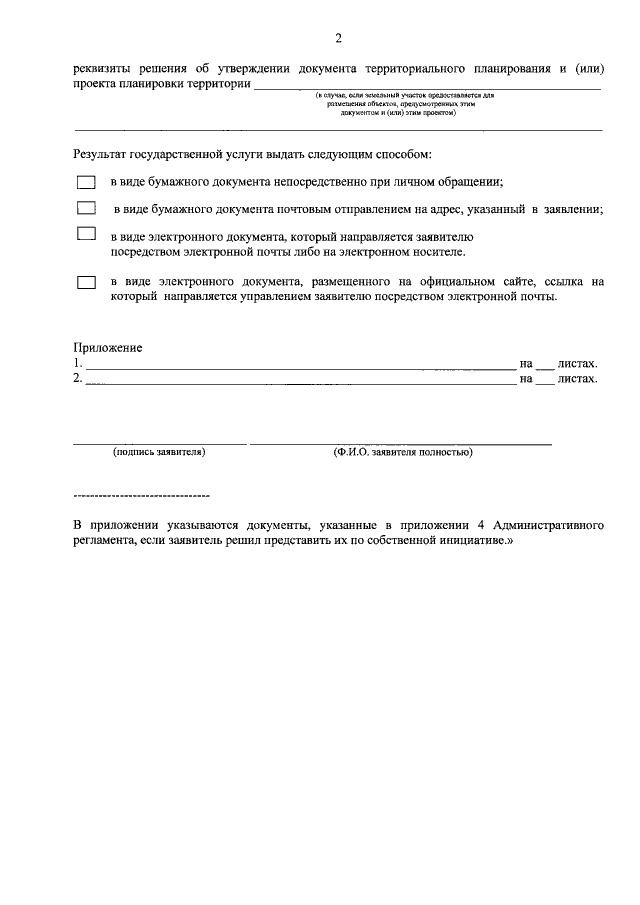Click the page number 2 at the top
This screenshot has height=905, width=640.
pyautogui.click(x=339, y=39)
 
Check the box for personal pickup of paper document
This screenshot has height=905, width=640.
pyautogui.click(x=86, y=183)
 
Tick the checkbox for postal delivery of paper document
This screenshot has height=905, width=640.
pyautogui.click(x=86, y=209)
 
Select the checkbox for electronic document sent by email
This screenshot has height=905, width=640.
pyautogui.click(x=86, y=236)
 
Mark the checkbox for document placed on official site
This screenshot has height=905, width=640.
pyautogui.click(x=86, y=283)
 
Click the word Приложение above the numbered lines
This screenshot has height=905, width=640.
pyautogui.click(x=108, y=348)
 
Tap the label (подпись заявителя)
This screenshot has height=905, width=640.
pyautogui.click(x=159, y=452)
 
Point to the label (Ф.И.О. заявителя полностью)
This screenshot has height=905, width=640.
pyautogui.click(x=403, y=452)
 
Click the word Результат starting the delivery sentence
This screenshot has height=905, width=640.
pyautogui.click(x=102, y=155)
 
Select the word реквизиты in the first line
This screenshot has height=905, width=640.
pyautogui.click(x=105, y=69)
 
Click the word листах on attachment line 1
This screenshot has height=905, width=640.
pyautogui.click(x=577, y=364)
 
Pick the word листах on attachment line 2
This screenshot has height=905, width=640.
pyautogui.click(x=577, y=380)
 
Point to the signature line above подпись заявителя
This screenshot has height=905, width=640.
pyautogui.click(x=159, y=442)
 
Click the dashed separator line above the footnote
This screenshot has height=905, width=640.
pyautogui.click(x=141, y=496)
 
